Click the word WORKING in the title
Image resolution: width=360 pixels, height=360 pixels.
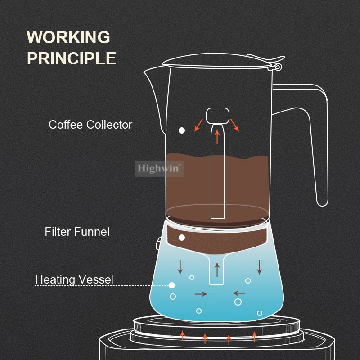pyautogui.click(x=68, y=37)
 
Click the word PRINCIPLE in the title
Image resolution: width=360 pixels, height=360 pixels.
pyautogui.click(x=72, y=58)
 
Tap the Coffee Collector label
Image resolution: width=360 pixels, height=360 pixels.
pyautogui.click(x=90, y=125)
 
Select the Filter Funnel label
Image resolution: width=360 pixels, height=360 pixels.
pyautogui.click(x=77, y=232)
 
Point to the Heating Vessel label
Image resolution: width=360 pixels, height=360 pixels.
pyautogui.click(x=74, y=279)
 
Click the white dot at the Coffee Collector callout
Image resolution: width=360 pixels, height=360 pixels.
pyautogui.click(x=182, y=130)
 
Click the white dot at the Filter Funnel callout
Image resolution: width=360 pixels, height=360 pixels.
pyautogui.click(x=182, y=238)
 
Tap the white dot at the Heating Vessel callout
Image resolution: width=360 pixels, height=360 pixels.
pyautogui.click(x=172, y=285)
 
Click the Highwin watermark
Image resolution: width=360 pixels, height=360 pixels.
pyautogui.click(x=159, y=169)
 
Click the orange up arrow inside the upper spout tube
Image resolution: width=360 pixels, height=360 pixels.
pyautogui.click(x=217, y=137)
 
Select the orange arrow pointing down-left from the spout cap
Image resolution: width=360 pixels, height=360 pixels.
pyautogui.click(x=198, y=125)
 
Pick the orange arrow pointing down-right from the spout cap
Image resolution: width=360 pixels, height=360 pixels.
pyautogui.click(x=235, y=126)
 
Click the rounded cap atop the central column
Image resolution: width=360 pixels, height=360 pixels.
pyautogui.click(x=218, y=116)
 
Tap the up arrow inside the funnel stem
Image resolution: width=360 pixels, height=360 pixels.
pyautogui.click(x=217, y=270)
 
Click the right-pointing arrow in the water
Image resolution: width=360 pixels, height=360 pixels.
pyautogui.click(x=201, y=294)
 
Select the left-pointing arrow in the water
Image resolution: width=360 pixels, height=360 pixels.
pyautogui.click(x=239, y=293)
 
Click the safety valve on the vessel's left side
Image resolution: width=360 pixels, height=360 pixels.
pyautogui.click(x=158, y=244)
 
